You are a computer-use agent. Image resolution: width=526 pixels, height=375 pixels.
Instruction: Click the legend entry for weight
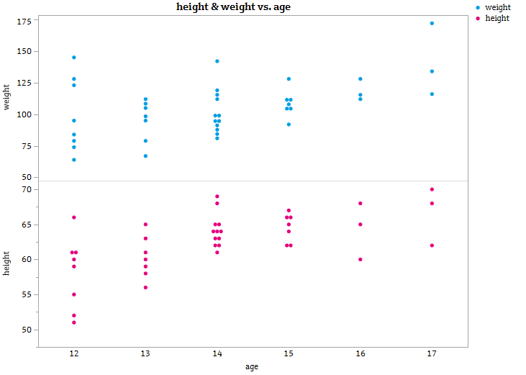tap(497, 7)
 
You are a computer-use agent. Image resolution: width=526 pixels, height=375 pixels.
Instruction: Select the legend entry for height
tap(496, 18)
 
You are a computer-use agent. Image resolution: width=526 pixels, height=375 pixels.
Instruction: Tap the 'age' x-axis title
tap(252, 366)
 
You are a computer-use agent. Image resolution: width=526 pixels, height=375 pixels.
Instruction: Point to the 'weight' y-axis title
tap(7, 97)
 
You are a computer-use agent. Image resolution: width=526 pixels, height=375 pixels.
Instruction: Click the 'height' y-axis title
tap(7, 263)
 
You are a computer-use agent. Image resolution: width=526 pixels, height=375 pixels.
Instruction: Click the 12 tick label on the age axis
tap(73, 354)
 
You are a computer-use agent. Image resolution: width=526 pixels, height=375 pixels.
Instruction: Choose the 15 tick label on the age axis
tap(289, 354)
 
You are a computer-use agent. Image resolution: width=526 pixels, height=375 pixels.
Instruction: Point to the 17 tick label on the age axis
tap(432, 354)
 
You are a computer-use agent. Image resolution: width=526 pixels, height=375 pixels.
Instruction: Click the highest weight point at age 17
tap(432, 23)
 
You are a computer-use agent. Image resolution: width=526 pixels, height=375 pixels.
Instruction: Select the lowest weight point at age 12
tap(73, 159)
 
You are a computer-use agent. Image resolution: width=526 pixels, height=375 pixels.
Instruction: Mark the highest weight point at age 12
tap(73, 57)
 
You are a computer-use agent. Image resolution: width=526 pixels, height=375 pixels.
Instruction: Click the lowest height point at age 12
tap(73, 322)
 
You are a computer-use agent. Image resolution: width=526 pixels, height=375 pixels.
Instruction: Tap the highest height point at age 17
tap(432, 189)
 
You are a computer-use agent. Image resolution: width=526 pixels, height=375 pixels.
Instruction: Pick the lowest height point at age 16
tap(361, 259)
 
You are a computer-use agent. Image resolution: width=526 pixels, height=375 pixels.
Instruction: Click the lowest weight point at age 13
tap(145, 155)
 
